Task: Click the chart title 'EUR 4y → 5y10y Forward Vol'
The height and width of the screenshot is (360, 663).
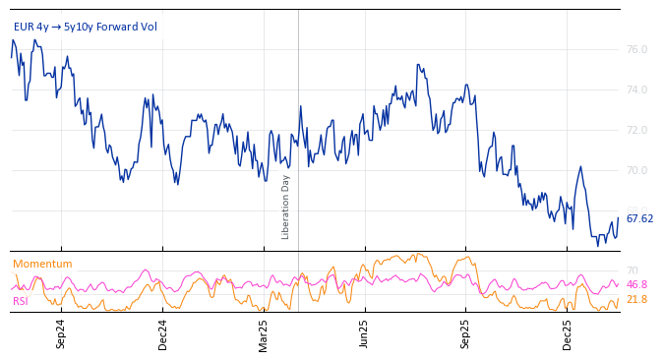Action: [x=85, y=27]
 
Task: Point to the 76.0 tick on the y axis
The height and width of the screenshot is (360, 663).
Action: [x=636, y=50]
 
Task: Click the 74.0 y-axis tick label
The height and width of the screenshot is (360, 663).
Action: [x=636, y=90]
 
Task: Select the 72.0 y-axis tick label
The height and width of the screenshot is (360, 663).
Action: [x=636, y=131]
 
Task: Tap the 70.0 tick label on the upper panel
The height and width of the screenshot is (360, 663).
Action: [x=636, y=171]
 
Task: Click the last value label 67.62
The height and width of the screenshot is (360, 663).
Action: [x=639, y=219]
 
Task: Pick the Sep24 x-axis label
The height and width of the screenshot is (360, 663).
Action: [x=61, y=334]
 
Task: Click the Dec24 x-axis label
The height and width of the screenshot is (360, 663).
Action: [x=163, y=334]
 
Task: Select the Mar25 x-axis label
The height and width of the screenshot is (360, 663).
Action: [x=264, y=334]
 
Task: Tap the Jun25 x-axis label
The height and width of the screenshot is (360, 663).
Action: [x=365, y=334]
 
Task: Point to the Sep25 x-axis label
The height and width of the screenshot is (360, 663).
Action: [x=466, y=334]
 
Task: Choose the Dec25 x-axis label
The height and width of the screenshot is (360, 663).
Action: [x=568, y=334]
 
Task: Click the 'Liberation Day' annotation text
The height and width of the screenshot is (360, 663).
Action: [x=286, y=207]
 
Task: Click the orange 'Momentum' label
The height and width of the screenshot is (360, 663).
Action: [x=42, y=264]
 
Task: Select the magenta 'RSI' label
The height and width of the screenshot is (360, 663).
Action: [x=20, y=301]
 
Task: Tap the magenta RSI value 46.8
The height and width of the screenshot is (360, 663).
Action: [x=636, y=285]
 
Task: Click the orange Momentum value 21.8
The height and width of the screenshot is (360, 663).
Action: [x=636, y=300]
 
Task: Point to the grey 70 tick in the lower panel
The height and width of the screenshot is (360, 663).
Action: [x=632, y=270]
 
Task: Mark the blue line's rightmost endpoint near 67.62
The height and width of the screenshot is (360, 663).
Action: [x=618, y=218]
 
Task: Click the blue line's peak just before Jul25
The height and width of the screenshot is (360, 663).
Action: [x=418, y=66]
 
